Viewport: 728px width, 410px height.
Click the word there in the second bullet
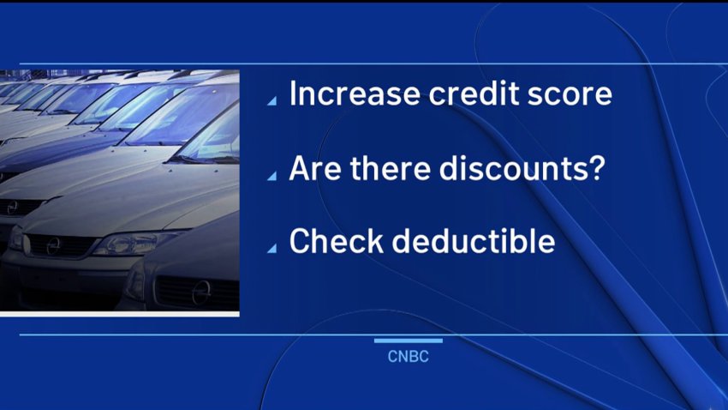coord(390,168)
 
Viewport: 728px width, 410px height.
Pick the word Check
coord(337,241)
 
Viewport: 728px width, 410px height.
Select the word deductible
coord(473,241)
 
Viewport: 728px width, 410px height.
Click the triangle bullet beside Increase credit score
coord(273,101)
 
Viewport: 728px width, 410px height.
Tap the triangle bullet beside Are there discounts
coord(273,176)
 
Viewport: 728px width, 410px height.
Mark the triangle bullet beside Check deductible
coord(273,249)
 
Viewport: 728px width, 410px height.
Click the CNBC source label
coord(408,357)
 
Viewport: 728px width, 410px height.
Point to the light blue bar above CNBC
coord(408,341)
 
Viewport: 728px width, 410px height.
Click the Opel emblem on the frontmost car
coord(201,292)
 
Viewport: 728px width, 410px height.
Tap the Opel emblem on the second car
coord(53,246)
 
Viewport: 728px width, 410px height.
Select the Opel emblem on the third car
coord(13,208)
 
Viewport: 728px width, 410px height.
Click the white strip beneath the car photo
coord(120,314)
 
